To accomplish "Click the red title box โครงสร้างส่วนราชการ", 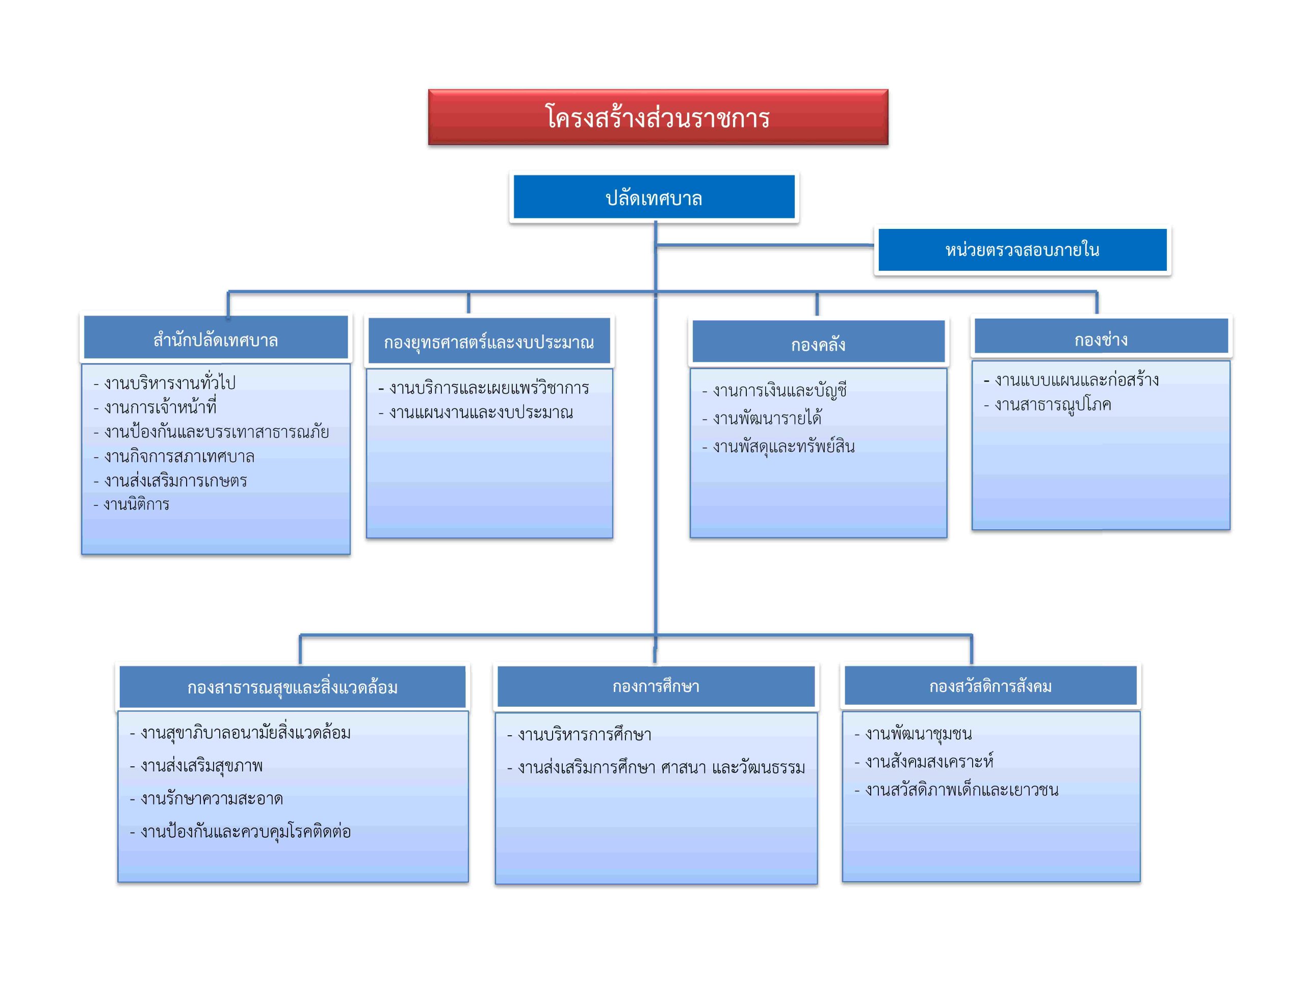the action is pyautogui.click(x=658, y=117).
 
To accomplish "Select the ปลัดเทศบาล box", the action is pyautogui.click(x=655, y=197).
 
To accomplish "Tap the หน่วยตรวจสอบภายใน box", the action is pyautogui.click(x=1023, y=250).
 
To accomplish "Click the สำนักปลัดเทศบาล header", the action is pyautogui.click(x=216, y=338).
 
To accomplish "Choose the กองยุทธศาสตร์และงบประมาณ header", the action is pyautogui.click(x=489, y=341).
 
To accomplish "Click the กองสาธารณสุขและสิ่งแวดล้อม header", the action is pyautogui.click(x=292, y=687).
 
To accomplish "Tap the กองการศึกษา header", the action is pyautogui.click(x=656, y=687).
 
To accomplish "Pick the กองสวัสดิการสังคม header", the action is pyautogui.click(x=990, y=686).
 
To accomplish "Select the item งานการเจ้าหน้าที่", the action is pyautogui.click(x=155, y=406).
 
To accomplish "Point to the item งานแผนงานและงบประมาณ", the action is pyautogui.click(x=476, y=412).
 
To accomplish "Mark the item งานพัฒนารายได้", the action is pyautogui.click(x=762, y=417).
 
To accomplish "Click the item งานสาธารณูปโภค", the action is pyautogui.click(x=1048, y=405).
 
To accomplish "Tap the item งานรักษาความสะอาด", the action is pyautogui.click(x=206, y=798).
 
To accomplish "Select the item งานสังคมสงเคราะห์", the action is pyautogui.click(x=924, y=761).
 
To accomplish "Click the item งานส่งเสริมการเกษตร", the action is pyautogui.click(x=170, y=480).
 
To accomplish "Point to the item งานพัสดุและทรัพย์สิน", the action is pyautogui.click(x=778, y=446).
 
